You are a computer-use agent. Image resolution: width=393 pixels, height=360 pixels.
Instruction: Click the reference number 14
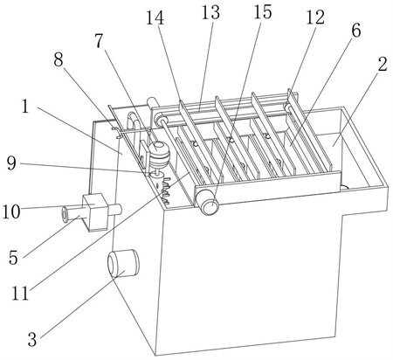click(155, 17)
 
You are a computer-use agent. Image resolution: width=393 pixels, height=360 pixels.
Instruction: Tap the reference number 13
click(210, 12)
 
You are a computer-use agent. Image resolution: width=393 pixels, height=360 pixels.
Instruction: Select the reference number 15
click(263, 12)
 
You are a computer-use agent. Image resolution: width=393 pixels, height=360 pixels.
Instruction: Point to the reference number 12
click(315, 17)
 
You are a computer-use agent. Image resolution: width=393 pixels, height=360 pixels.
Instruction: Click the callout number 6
click(356, 31)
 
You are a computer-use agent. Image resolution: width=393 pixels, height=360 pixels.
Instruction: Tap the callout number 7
click(100, 41)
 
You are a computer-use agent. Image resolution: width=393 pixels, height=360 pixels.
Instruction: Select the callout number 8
click(59, 60)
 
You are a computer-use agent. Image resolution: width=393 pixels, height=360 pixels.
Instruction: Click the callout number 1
click(25, 107)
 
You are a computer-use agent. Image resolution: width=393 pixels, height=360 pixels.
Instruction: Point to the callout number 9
click(11, 163)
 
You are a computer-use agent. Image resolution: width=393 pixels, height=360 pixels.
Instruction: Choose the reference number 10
click(11, 211)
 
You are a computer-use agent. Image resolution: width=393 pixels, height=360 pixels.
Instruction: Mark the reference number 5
click(13, 258)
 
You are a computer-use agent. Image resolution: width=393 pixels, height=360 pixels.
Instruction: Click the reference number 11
click(20, 293)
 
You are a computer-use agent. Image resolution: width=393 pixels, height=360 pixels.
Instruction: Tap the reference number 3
click(32, 339)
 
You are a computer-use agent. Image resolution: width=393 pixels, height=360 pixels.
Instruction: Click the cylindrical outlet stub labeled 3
click(123, 264)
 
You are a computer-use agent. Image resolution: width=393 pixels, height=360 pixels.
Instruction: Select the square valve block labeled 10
click(95, 212)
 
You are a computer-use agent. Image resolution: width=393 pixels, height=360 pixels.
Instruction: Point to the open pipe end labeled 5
click(65, 214)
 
